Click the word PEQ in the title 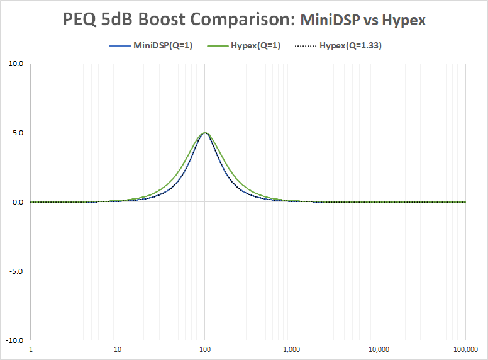pyautogui.click(x=79, y=20)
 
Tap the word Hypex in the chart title pyautogui.click(x=404, y=21)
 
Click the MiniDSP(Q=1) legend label pyautogui.click(x=163, y=46)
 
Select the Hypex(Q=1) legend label pyautogui.click(x=255, y=46)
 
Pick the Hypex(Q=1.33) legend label pyautogui.click(x=350, y=46)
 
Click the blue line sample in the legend pyautogui.click(x=120, y=46)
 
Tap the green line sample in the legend pyautogui.click(x=218, y=46)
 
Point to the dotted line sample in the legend pyautogui.click(x=306, y=46)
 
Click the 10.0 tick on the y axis pyautogui.click(x=16, y=64)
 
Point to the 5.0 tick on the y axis pyautogui.click(x=18, y=133)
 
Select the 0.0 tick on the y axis pyautogui.click(x=18, y=202)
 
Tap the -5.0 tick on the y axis pyautogui.click(x=16, y=271)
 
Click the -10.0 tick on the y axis pyautogui.click(x=14, y=340)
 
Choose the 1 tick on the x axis pyautogui.click(x=31, y=349)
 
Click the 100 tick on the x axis pyautogui.click(x=205, y=349)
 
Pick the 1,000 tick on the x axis pyautogui.click(x=292, y=349)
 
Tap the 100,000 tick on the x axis pyautogui.click(x=465, y=349)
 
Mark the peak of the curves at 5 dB pyautogui.click(x=205, y=133)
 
